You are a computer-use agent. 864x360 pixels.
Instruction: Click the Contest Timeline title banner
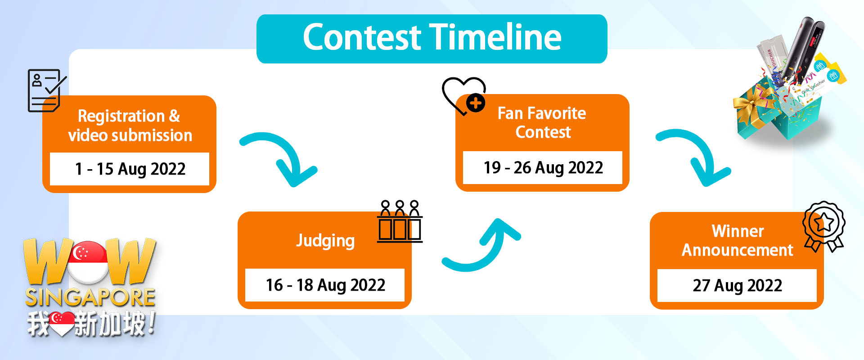[432, 39]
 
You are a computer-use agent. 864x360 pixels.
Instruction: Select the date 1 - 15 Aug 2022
[130, 169]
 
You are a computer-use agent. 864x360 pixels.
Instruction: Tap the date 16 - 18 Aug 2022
[325, 285]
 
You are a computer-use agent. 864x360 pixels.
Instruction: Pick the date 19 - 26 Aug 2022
[543, 167]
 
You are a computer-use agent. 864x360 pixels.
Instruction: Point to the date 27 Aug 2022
[738, 285]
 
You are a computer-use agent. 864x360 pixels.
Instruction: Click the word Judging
[325, 241]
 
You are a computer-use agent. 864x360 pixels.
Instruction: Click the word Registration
[121, 116]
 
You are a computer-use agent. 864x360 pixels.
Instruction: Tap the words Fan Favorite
[542, 113]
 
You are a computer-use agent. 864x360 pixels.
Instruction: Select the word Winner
[738, 231]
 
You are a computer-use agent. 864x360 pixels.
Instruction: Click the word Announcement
[738, 250]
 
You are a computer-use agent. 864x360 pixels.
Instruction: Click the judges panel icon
[400, 221]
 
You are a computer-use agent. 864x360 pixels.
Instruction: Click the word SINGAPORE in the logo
[90, 297]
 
